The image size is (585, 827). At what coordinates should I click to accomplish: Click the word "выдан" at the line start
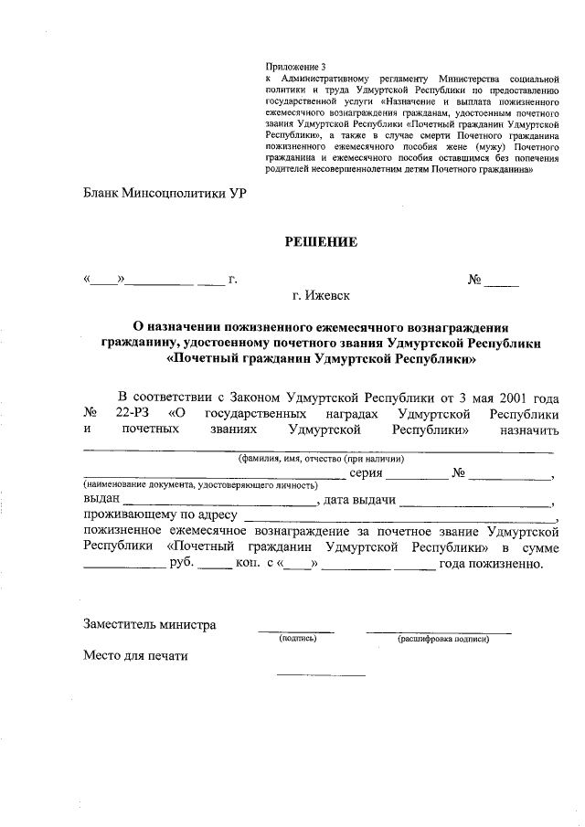[101, 501]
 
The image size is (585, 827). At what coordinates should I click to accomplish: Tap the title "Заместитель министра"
[150, 625]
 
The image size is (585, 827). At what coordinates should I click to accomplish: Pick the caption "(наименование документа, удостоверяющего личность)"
[200, 484]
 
